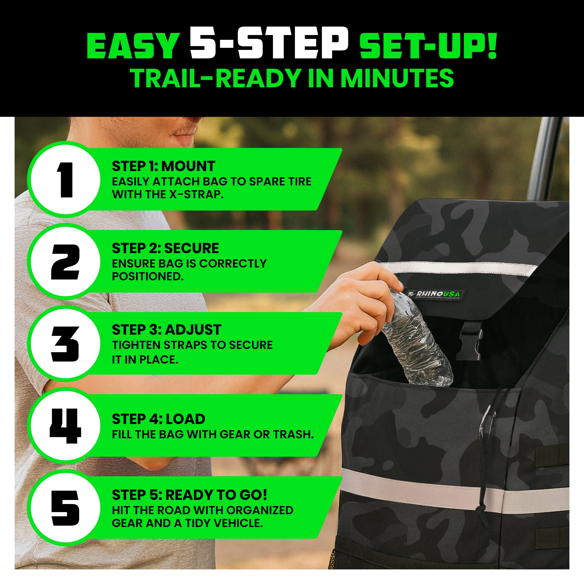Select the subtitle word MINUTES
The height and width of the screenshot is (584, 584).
(397, 78)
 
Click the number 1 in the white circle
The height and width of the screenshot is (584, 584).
(65, 180)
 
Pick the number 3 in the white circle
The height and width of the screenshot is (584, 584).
(65, 344)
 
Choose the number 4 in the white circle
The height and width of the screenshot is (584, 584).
(65, 426)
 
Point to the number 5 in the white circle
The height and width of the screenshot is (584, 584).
(65, 508)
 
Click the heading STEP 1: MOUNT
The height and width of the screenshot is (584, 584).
(164, 166)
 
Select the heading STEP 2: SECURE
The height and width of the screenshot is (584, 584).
(165, 248)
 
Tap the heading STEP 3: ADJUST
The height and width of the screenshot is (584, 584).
(166, 329)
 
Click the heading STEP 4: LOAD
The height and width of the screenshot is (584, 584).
(159, 419)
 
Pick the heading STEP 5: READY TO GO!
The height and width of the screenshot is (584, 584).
(190, 495)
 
